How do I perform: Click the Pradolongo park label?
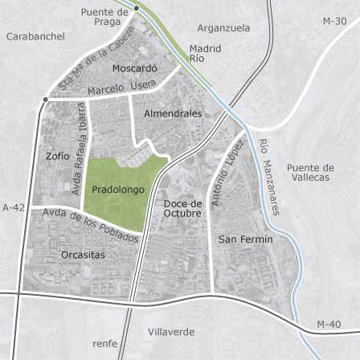(117, 190)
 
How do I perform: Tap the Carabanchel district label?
(35, 36)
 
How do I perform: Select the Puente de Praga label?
(105, 17)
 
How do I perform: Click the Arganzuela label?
(223, 28)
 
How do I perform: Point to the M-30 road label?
(334, 21)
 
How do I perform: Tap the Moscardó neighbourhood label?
(134, 69)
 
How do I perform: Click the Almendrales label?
(173, 114)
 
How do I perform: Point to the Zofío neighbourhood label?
(58, 156)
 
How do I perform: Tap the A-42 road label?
(14, 207)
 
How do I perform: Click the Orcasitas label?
(83, 255)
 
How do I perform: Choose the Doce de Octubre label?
(182, 208)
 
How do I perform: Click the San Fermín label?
(246, 239)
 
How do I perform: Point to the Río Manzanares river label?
(268, 178)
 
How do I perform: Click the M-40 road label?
(328, 324)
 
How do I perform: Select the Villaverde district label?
(171, 331)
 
